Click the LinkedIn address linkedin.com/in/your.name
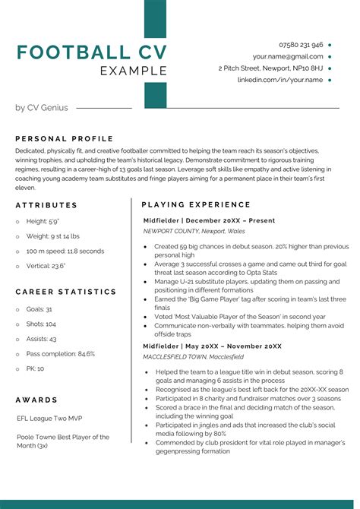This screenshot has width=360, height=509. [279, 80]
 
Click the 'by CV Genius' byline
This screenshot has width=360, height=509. [41, 108]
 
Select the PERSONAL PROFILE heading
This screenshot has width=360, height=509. [64, 139]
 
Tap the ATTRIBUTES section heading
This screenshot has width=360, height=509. [46, 205]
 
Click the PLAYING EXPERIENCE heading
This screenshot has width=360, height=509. [196, 205]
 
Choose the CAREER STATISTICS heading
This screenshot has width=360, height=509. [66, 292]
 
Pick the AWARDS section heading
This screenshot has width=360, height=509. [36, 400]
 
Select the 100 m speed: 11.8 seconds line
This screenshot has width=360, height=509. [65, 251]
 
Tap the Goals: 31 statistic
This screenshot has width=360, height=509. [39, 310]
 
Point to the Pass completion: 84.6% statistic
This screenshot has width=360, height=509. [60, 354]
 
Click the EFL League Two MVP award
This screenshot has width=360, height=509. [49, 418]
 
